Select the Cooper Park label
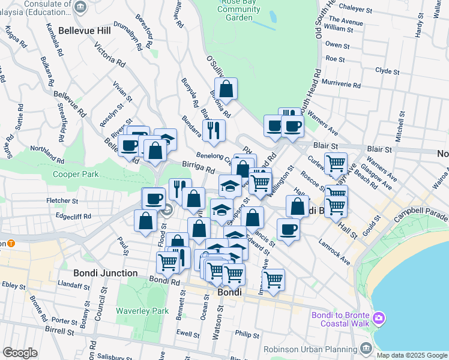75,174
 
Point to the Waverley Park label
143,311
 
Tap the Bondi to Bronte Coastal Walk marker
378,317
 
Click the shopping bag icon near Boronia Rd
226,89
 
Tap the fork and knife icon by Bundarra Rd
213,130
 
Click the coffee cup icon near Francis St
288,229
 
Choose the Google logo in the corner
20,353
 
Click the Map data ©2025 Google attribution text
412,355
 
